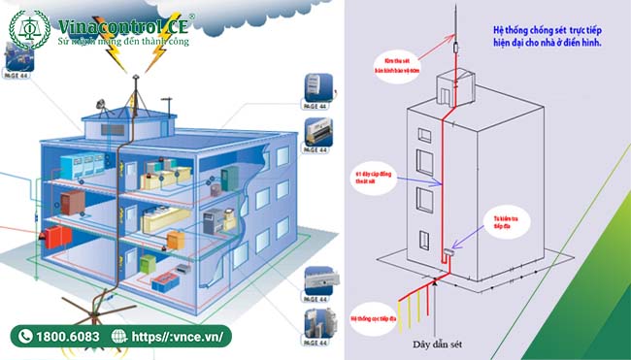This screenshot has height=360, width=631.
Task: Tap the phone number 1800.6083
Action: point(67,336)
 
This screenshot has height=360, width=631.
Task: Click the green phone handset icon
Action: point(25,336)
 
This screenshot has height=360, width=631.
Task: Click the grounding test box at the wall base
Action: point(447,254)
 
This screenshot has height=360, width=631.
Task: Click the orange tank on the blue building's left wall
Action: point(46,235)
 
